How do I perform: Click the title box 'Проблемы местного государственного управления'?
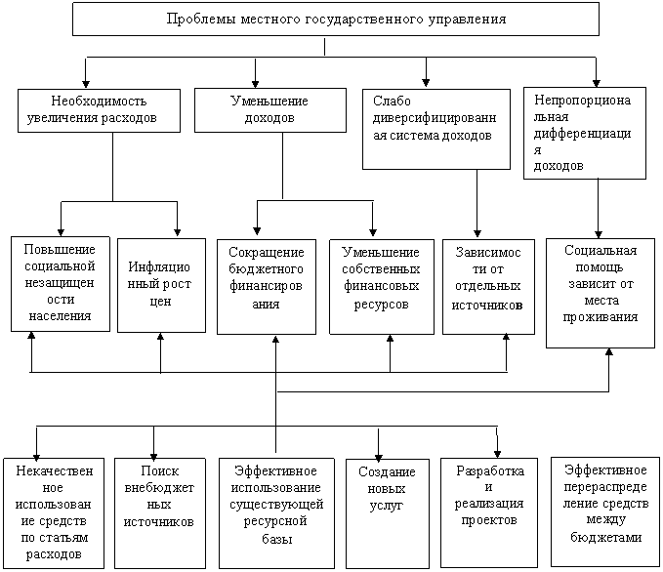(x=336, y=19)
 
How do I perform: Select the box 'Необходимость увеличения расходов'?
(x=99, y=110)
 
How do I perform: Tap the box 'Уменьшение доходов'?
(x=270, y=110)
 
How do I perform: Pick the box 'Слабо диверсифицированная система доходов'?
(x=436, y=129)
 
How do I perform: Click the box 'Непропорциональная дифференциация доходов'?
(x=585, y=133)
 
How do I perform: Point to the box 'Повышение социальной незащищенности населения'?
(x=61, y=284)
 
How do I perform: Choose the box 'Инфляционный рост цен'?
(x=161, y=285)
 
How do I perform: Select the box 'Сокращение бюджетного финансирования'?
(x=267, y=287)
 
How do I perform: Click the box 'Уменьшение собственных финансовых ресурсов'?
(x=382, y=287)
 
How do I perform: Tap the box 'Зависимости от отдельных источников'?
(x=488, y=287)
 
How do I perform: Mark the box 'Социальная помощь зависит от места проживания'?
(x=601, y=294)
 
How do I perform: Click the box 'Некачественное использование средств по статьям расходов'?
(x=54, y=513)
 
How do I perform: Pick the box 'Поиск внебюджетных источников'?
(x=160, y=513)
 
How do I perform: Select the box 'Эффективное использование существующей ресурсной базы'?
(x=276, y=513)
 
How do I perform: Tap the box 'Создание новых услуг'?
(x=388, y=513)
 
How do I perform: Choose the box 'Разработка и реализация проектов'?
(x=489, y=512)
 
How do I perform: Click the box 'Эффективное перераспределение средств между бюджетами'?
(x=605, y=511)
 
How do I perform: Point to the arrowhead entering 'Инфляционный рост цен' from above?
(x=177, y=233)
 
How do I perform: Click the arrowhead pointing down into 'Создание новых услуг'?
(x=379, y=458)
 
